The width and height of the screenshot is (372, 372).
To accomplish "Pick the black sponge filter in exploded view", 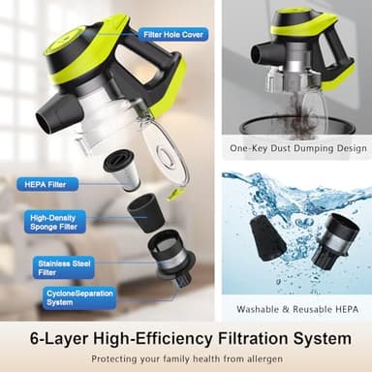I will point(145,210).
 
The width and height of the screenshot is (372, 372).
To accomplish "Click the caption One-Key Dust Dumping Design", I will point(297,148).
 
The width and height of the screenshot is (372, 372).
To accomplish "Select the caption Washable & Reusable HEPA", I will point(296,310).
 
